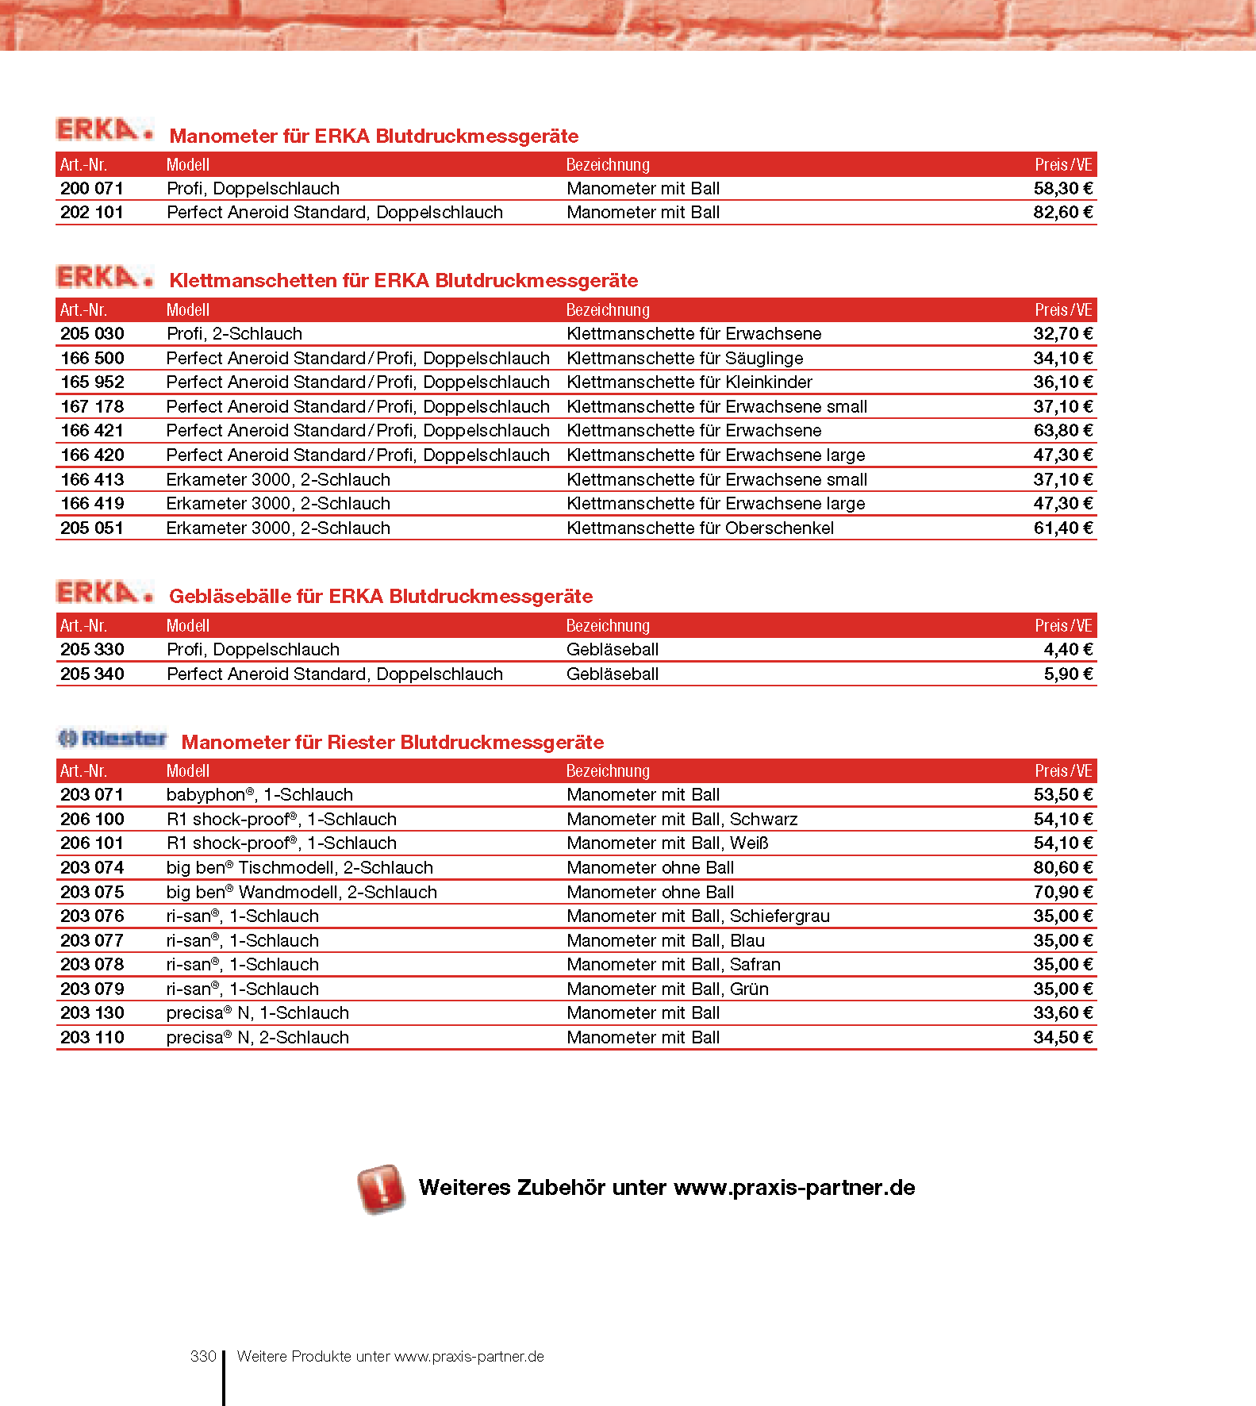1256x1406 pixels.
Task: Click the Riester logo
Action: [x=113, y=739]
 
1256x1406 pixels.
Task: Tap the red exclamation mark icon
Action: [x=382, y=1189]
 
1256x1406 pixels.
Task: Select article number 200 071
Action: [x=92, y=189]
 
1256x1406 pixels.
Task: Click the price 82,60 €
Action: [x=1062, y=213]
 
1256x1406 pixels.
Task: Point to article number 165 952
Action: [x=92, y=382]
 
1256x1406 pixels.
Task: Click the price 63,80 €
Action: [x=1062, y=431]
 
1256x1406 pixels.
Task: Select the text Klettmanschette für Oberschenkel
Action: [x=700, y=528]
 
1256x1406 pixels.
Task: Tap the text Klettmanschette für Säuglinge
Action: [x=685, y=359]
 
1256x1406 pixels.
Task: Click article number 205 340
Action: [x=92, y=674]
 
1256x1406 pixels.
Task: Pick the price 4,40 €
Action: [x=1068, y=650]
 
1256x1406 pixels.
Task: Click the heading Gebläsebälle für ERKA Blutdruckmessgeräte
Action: [x=381, y=597]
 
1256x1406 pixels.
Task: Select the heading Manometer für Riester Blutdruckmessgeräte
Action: [x=393, y=743]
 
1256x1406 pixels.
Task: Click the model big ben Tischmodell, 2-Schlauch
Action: [x=300, y=868]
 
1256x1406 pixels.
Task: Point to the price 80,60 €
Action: [x=1062, y=868]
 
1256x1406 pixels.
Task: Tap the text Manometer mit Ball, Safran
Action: [x=674, y=965]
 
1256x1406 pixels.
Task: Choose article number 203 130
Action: [x=92, y=1013]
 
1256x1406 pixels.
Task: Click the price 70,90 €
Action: [x=1062, y=893]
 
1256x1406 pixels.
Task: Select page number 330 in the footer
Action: [x=203, y=1357]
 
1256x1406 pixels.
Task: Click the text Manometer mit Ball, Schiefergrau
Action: [x=698, y=916]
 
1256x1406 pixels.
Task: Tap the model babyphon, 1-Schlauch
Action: [x=259, y=795]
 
